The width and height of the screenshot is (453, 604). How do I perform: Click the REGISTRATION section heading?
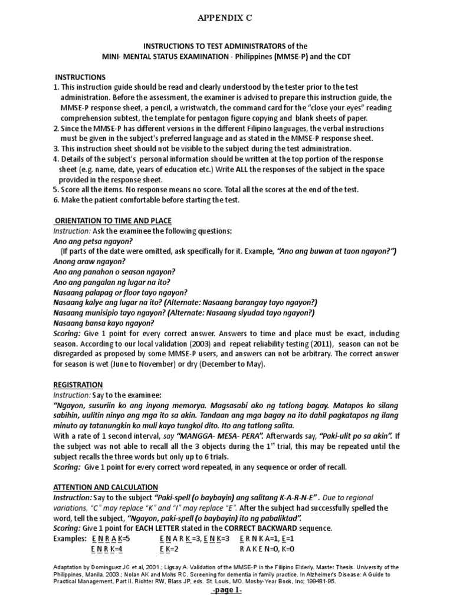78,385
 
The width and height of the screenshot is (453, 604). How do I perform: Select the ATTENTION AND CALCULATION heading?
106,487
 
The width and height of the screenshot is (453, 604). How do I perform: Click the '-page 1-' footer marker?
227,593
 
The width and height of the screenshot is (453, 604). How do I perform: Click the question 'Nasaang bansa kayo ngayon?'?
103,323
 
